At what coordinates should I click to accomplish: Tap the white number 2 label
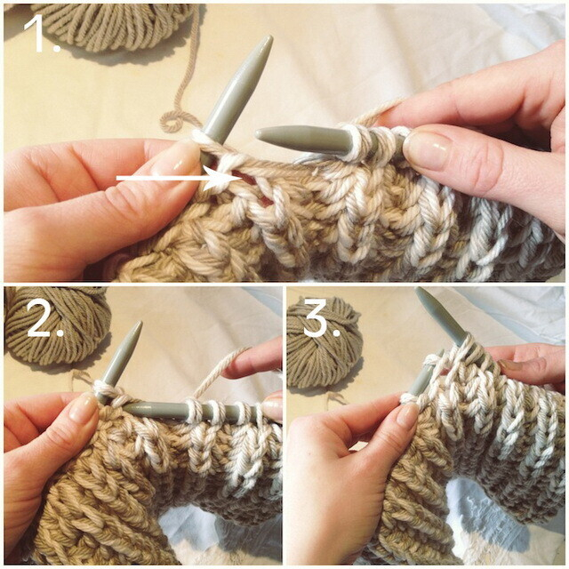(44, 318)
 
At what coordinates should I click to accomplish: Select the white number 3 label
(321, 318)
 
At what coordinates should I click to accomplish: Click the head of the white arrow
(228, 178)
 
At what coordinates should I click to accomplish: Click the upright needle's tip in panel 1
(268, 39)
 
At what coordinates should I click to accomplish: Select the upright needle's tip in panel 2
(139, 324)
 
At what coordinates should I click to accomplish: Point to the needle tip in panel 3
(419, 291)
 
